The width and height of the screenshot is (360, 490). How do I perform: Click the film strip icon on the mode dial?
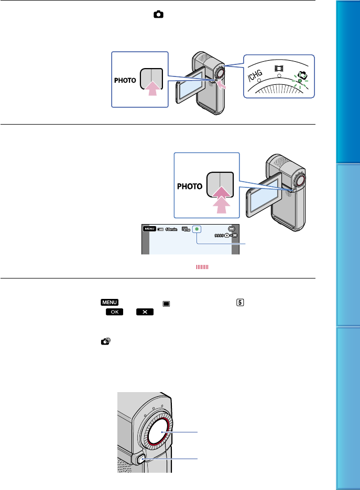coord(279,69)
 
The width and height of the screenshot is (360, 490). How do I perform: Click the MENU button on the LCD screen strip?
coord(148,228)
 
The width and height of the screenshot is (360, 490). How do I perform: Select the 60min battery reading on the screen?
coord(170,229)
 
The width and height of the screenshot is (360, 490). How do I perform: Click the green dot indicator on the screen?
coord(197,229)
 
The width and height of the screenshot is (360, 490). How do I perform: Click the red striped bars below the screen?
coord(203,267)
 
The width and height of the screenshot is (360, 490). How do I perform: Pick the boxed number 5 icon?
coord(235,303)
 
